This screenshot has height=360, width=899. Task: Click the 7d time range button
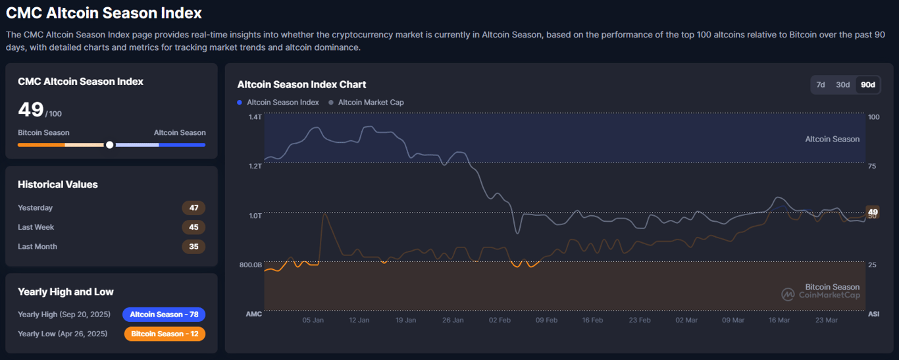point(821,85)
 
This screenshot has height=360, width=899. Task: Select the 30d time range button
point(843,85)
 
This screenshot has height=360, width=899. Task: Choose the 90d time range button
point(868,85)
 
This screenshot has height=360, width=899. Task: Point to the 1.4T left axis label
point(255,117)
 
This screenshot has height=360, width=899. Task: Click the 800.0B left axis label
point(250,265)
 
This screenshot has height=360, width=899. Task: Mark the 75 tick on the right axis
point(872,167)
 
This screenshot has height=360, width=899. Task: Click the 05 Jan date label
point(313,321)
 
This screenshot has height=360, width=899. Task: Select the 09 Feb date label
point(546,321)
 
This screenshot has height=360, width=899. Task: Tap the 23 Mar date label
point(826,321)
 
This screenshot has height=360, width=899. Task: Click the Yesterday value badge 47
point(193,208)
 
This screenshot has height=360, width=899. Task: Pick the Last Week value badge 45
point(193,227)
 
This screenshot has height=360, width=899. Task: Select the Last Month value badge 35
point(193,247)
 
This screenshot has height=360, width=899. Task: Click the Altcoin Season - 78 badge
point(164,315)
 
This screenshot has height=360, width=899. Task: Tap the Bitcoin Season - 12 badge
point(165,334)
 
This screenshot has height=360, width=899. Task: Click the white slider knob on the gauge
point(110,145)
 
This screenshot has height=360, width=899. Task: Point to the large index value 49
point(31,110)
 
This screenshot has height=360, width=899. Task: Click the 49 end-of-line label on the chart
point(873,212)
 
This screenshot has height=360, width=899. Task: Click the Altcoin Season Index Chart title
point(301,85)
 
